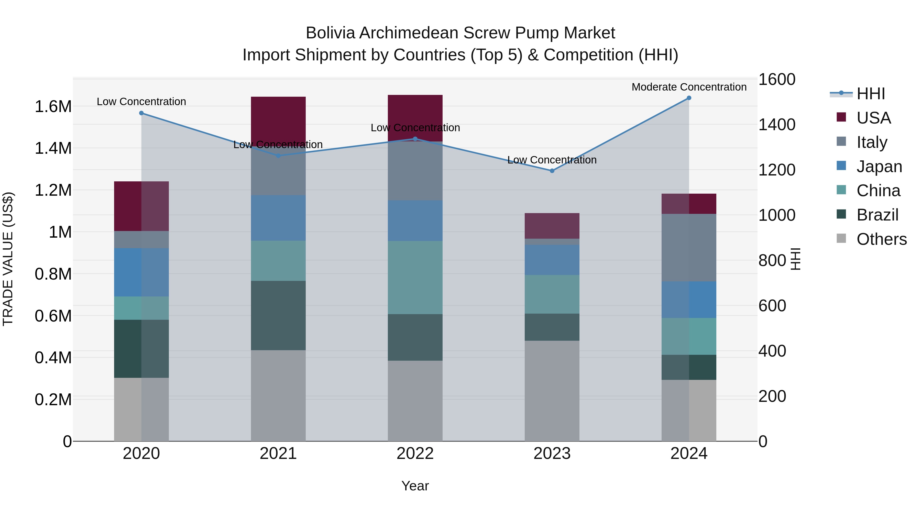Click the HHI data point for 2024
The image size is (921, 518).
(x=689, y=98)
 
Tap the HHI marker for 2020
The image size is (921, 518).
(x=141, y=113)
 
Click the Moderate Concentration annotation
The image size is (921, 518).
(x=689, y=87)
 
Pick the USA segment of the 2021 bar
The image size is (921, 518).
(x=278, y=120)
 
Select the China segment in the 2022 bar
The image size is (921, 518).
(x=415, y=277)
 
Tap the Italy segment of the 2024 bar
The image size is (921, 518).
(x=689, y=247)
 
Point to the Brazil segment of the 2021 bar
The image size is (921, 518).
(x=278, y=315)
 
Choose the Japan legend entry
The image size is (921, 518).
(x=879, y=167)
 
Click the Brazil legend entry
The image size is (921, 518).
(x=878, y=215)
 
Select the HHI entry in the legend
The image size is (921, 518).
(x=871, y=94)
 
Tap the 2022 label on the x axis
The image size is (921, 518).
(x=415, y=454)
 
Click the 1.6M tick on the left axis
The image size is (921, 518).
(x=53, y=106)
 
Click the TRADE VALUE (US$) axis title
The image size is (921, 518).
(x=8, y=259)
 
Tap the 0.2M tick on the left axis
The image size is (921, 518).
(x=53, y=399)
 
